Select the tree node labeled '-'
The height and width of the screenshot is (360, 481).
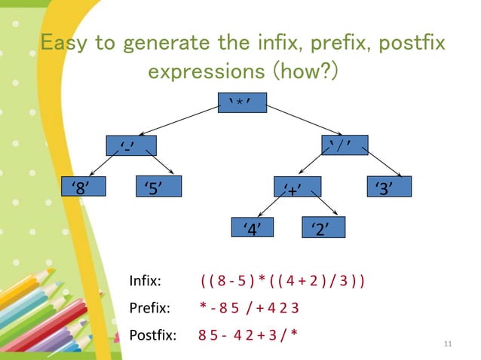point(130,145)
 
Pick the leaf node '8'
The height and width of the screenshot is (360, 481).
point(81,186)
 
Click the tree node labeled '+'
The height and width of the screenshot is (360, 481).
point(296,186)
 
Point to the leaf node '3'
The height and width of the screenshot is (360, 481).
point(388,186)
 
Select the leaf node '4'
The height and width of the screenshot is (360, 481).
point(253,227)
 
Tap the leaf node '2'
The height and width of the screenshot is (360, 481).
point(323,227)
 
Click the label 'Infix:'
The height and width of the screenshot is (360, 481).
point(146,282)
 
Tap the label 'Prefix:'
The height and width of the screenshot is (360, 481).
point(149,307)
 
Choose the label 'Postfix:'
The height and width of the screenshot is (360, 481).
point(153,334)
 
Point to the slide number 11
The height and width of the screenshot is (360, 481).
point(449,344)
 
